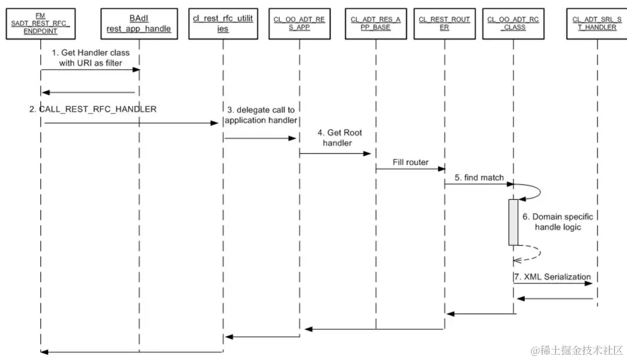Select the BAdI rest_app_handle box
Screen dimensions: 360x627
click(x=139, y=23)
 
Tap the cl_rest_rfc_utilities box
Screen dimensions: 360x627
click(x=223, y=23)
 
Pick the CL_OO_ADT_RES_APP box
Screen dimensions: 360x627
click(x=300, y=23)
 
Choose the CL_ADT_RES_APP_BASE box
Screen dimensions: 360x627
click(x=375, y=23)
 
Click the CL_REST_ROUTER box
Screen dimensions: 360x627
click(x=444, y=23)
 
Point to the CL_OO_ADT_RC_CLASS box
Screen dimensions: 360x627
click(x=513, y=23)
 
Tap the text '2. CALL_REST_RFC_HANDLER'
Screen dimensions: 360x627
click(x=93, y=109)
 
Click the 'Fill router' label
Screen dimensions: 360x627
click(x=410, y=162)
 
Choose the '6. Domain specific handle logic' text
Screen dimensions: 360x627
click(x=558, y=222)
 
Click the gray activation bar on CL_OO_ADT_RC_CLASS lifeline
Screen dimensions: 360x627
click(x=513, y=222)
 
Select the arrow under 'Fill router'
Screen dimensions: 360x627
click(x=410, y=170)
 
